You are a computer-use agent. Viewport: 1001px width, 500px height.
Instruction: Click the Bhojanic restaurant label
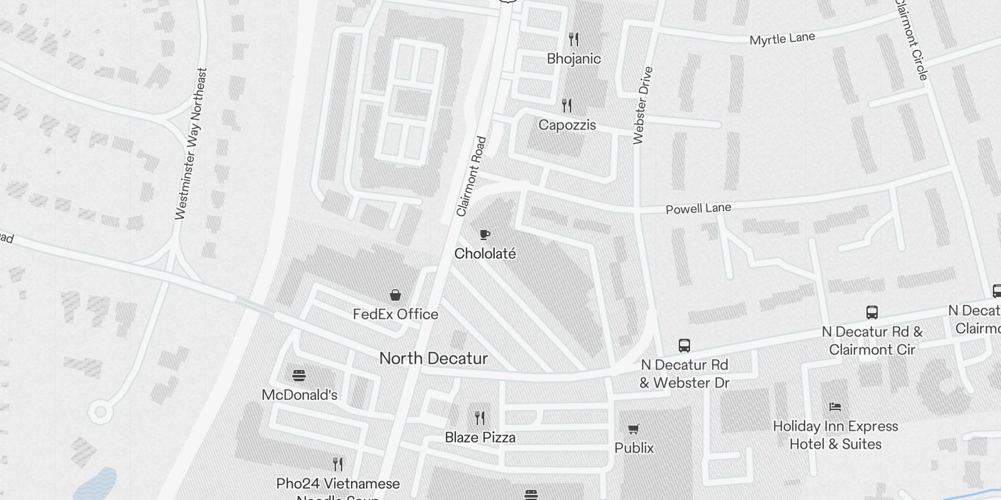click(574, 59)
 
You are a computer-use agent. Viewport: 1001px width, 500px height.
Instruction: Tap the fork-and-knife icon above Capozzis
click(567, 105)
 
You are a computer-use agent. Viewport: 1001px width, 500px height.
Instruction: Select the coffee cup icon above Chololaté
click(484, 234)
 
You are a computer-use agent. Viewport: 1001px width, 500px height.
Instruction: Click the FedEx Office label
click(395, 314)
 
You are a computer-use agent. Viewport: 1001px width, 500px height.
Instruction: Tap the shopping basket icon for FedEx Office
click(395, 295)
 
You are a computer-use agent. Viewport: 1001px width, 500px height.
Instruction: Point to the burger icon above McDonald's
click(299, 376)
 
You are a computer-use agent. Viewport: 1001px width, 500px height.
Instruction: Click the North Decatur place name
click(434, 358)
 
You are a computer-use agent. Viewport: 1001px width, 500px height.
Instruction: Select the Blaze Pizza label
click(480, 437)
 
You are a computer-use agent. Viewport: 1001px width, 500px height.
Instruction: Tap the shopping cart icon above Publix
click(634, 429)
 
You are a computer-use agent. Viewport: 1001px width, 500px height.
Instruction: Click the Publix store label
click(634, 448)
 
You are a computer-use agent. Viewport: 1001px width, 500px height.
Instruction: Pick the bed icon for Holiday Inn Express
click(835, 407)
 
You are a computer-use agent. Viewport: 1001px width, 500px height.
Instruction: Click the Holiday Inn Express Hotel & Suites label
click(835, 435)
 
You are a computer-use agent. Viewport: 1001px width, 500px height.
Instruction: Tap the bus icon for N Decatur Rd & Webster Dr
click(684, 346)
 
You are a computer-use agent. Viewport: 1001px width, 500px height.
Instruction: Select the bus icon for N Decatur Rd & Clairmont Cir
click(871, 312)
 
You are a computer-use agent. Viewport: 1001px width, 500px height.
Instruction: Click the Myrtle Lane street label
click(782, 39)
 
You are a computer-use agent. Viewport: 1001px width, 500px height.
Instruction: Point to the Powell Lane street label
click(698, 208)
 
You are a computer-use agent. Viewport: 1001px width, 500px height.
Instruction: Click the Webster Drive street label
click(643, 106)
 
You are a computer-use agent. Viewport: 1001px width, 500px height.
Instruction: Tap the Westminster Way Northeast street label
click(190, 144)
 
